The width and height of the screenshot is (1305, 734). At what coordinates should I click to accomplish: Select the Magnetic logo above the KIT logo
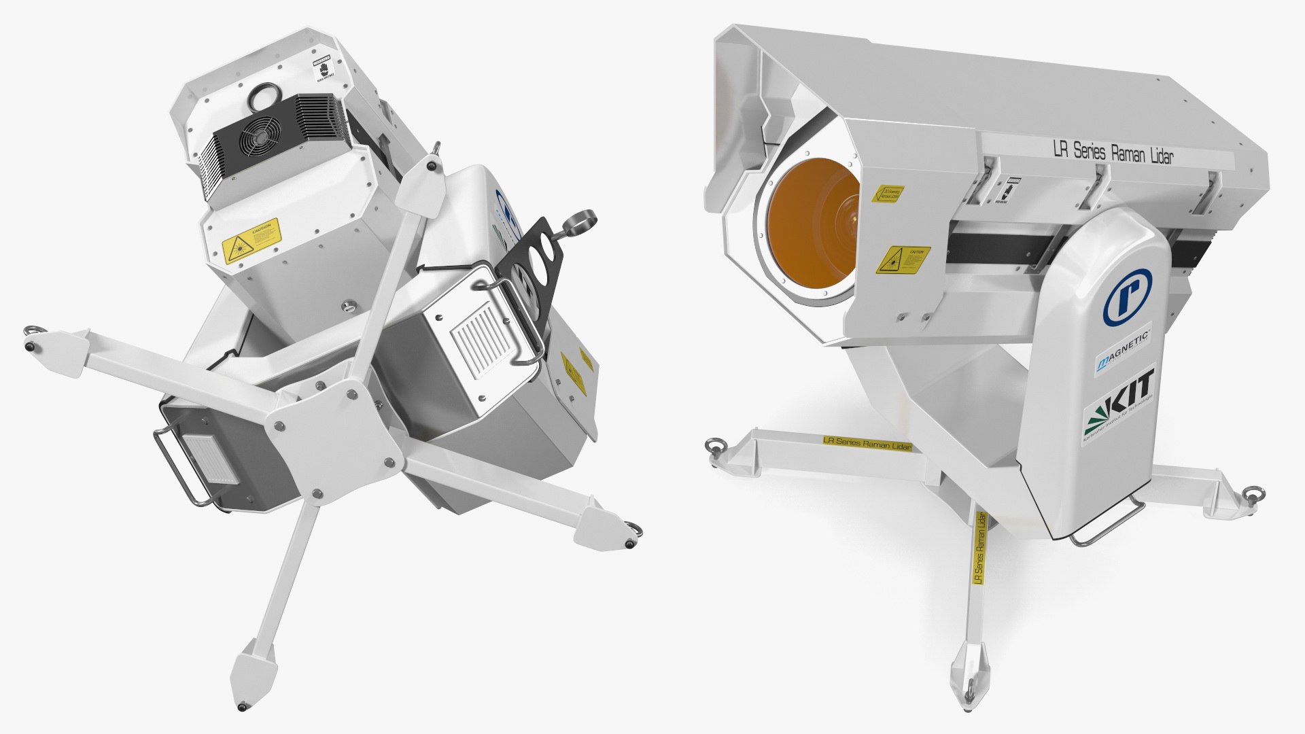click(x=1122, y=351)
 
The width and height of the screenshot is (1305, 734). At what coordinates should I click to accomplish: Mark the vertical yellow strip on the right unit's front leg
click(x=979, y=548)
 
